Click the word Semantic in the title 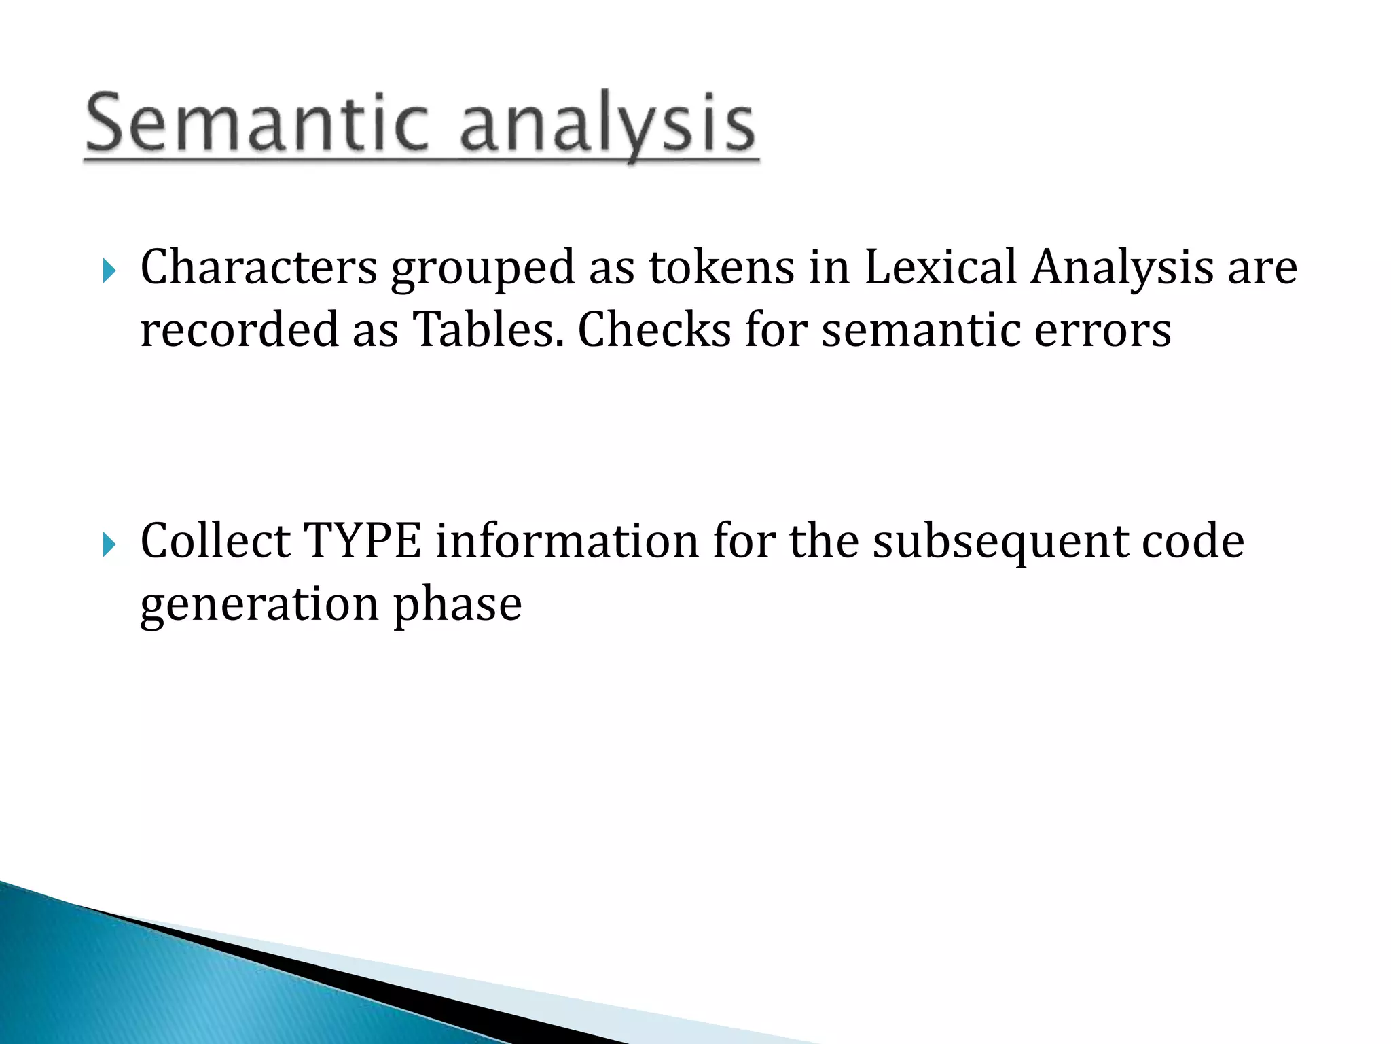257,124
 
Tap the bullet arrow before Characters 109,272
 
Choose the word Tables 488,330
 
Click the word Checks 653,330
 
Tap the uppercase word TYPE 362,542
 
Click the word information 567,542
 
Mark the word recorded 239,330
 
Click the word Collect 215,542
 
